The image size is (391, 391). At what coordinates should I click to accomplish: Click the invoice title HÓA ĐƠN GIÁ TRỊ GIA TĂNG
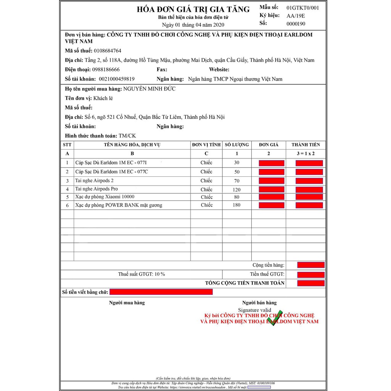[x=193, y=10]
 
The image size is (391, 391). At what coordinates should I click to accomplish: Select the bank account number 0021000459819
[x=116, y=79]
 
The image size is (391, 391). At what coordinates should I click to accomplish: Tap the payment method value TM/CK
[x=127, y=136]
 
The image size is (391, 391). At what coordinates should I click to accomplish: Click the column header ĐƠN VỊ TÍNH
[x=206, y=145]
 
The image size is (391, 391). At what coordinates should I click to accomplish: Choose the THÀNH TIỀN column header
[x=306, y=145]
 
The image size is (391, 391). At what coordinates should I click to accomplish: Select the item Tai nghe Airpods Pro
[x=97, y=189]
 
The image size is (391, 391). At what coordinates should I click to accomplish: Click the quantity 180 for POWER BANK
[x=237, y=205]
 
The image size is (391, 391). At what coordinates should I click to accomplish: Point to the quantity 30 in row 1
[x=237, y=163]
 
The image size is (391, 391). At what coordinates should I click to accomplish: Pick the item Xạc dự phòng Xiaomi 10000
[x=105, y=197]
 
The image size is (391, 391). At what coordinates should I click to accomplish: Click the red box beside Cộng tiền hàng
[x=311, y=265]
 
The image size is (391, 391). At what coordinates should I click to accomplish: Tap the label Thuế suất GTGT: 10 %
[x=141, y=274]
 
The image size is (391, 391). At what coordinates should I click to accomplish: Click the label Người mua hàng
[x=127, y=303]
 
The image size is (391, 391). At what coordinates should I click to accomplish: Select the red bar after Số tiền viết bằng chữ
[x=161, y=292]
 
